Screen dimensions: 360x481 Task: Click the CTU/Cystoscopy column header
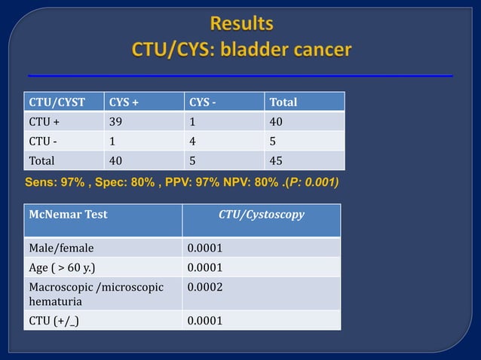coord(261,215)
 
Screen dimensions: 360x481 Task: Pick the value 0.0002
coord(204,287)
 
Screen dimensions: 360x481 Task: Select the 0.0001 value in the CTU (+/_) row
coord(204,321)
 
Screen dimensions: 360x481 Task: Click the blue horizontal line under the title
coord(240,76)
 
